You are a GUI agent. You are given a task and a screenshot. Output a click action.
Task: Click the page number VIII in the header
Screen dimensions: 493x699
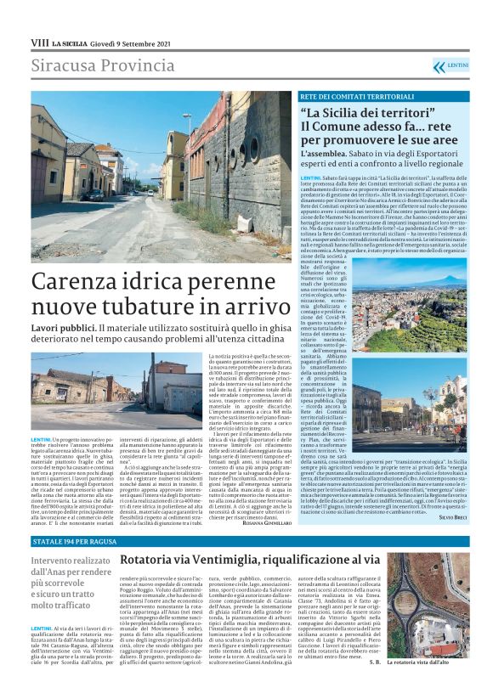pyautogui.click(x=39, y=42)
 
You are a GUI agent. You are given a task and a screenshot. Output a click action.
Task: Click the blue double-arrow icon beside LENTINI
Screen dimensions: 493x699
pyautogui.click(x=439, y=66)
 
